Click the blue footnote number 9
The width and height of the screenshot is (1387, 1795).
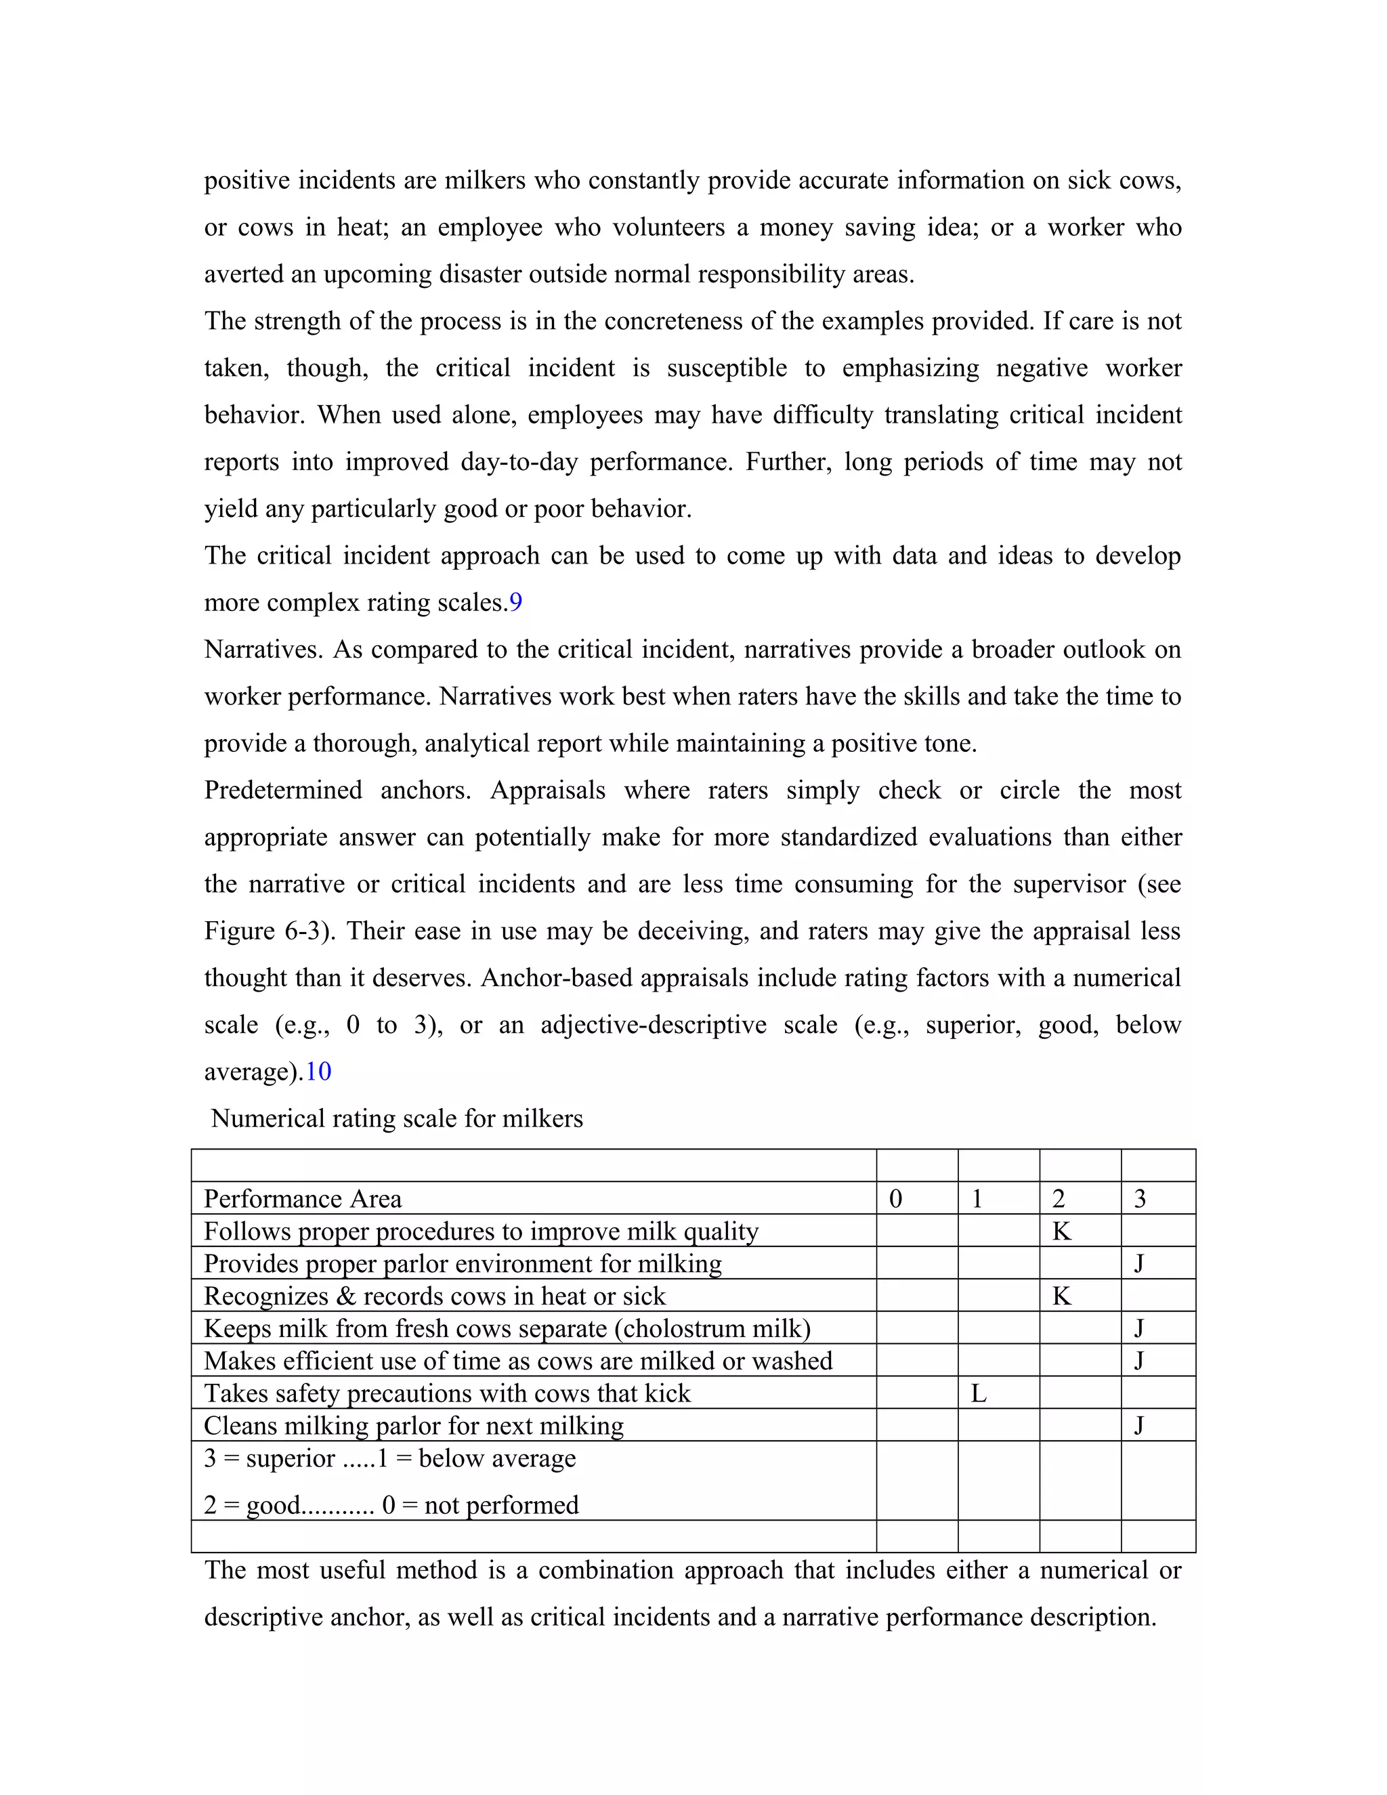[x=515, y=602]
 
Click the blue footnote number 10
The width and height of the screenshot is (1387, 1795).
[x=318, y=1072]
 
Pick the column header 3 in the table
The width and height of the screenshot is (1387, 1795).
[x=1140, y=1199]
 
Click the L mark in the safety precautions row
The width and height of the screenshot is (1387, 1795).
[x=978, y=1393]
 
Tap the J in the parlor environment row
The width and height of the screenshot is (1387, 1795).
[x=1139, y=1263]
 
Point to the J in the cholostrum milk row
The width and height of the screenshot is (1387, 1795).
[x=1139, y=1328]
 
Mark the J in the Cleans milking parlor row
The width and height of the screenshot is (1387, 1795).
[x=1139, y=1425]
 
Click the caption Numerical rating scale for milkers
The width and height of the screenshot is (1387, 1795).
[x=396, y=1118]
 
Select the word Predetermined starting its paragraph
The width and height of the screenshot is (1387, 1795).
[x=282, y=790]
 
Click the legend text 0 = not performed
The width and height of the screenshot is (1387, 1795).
[x=480, y=1505]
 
